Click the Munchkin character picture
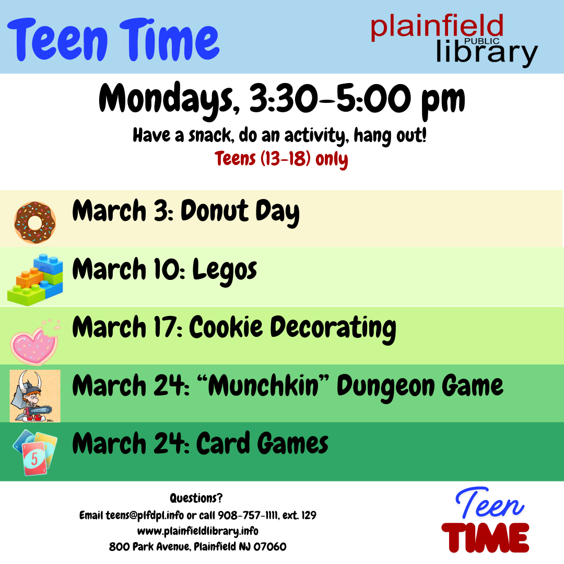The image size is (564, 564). tap(35, 396)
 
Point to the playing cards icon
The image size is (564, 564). tap(35, 452)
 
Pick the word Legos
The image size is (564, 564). tap(225, 270)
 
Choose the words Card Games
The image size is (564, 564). tap(262, 444)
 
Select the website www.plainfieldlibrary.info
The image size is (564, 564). tap(198, 531)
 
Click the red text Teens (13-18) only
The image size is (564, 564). tap(281, 159)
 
